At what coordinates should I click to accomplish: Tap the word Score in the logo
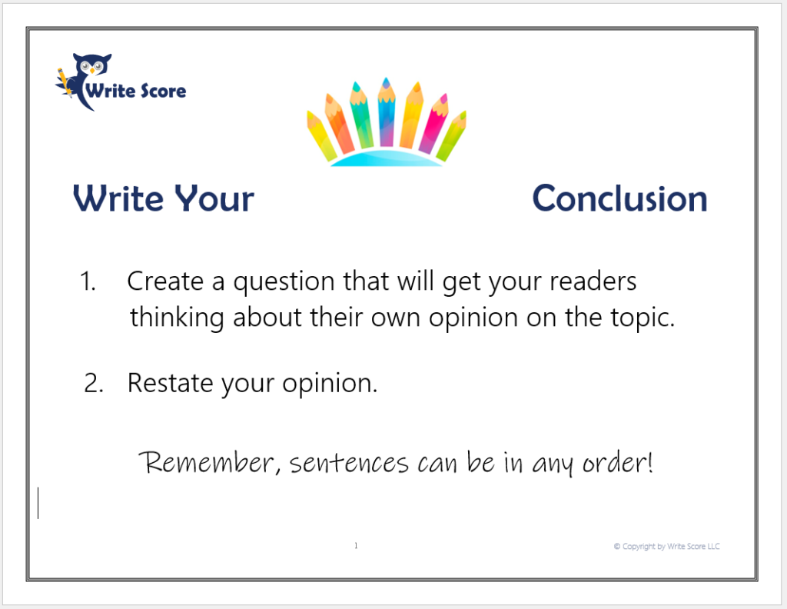(x=163, y=91)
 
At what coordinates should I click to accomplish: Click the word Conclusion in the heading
(x=620, y=198)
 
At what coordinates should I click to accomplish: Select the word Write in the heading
(x=118, y=198)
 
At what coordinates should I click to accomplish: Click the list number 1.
(x=88, y=281)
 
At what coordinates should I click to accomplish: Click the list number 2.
(x=94, y=383)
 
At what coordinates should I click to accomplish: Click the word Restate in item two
(x=171, y=383)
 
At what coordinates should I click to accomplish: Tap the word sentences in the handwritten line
(x=349, y=463)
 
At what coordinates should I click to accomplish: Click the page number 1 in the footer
(x=356, y=546)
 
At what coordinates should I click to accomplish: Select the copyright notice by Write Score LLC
(x=666, y=546)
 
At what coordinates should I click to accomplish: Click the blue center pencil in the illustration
(x=386, y=112)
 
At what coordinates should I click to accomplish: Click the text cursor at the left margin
(x=38, y=503)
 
